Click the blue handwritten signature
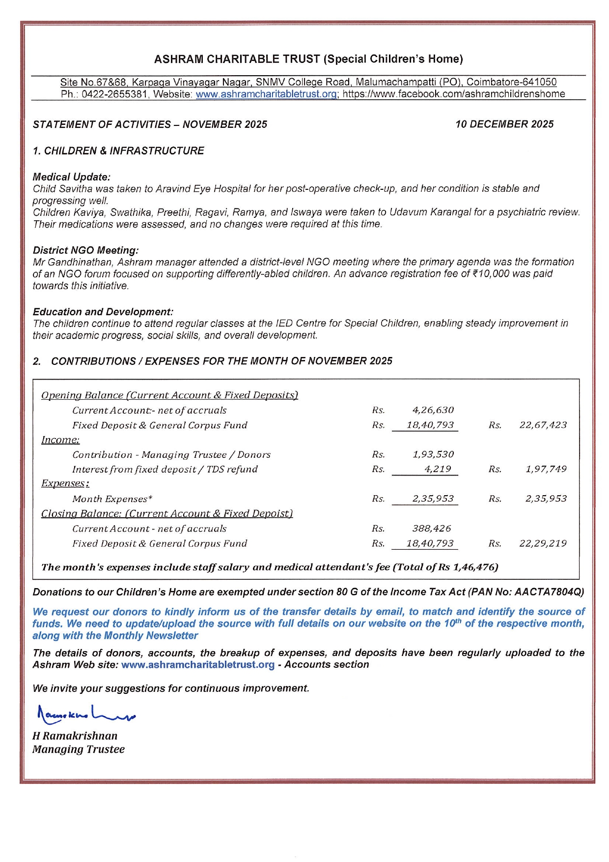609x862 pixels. click(x=86, y=715)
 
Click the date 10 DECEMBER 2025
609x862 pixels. click(x=504, y=124)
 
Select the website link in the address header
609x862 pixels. click(x=266, y=94)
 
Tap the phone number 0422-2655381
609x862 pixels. click(x=114, y=94)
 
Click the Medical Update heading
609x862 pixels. click(x=72, y=177)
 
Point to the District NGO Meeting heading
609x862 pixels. click(x=85, y=250)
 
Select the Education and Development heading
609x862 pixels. click(x=103, y=312)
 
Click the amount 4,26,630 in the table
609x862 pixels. click(x=433, y=410)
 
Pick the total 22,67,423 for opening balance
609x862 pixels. click(x=543, y=425)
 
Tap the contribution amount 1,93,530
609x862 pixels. click(x=433, y=454)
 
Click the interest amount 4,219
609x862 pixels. click(x=438, y=469)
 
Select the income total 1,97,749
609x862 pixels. click(x=546, y=469)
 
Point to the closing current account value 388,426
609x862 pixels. click(x=431, y=529)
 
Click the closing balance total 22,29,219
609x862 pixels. click(x=543, y=543)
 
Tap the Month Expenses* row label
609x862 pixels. click(x=112, y=499)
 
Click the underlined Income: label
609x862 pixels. click(x=60, y=440)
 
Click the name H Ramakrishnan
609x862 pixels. click(x=75, y=736)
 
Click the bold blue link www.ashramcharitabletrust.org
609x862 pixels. click(x=197, y=665)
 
